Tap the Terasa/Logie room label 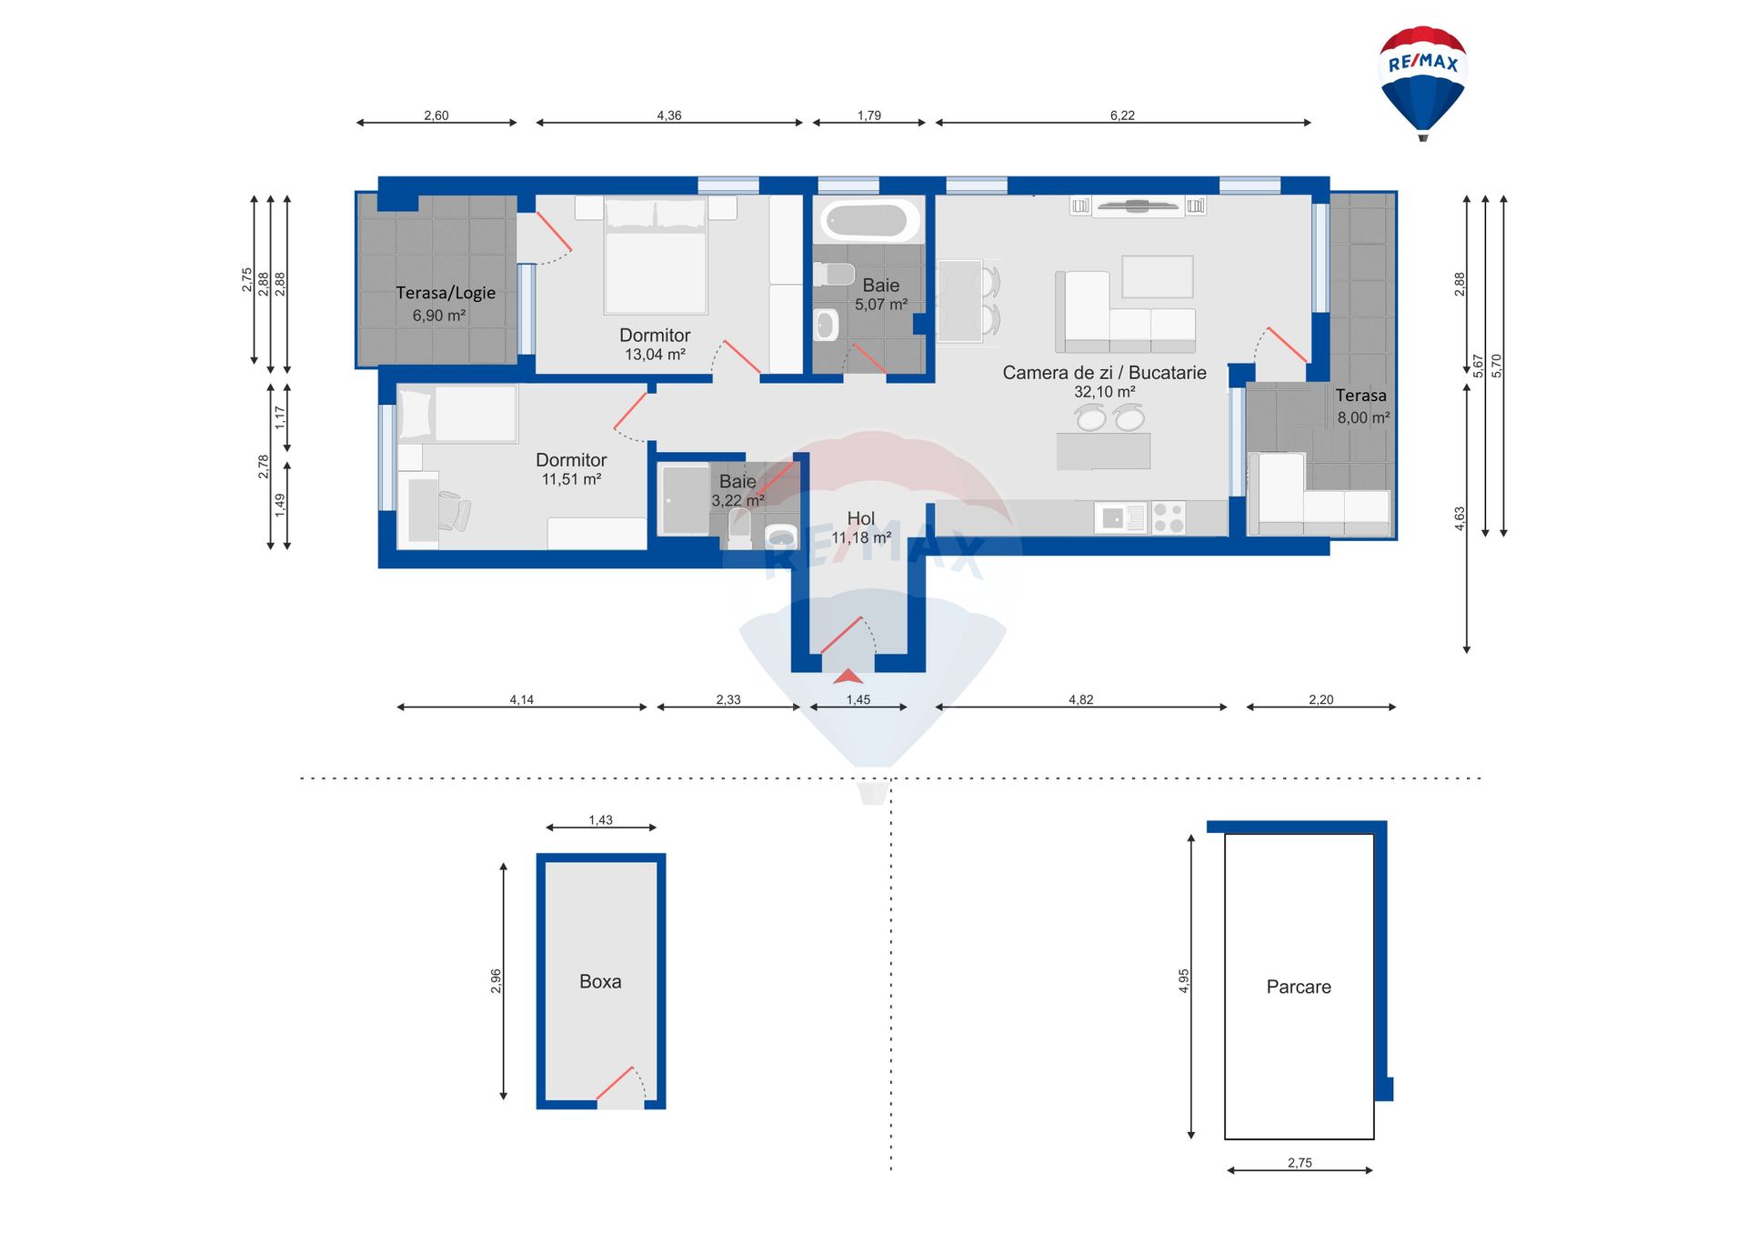[x=446, y=293]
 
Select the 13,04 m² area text [x=655, y=355]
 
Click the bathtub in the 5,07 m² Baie [x=868, y=221]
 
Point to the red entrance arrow [x=848, y=676]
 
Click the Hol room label [x=861, y=518]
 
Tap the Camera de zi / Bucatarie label [x=1104, y=373]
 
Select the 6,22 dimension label [x=1122, y=115]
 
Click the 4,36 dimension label [x=669, y=115]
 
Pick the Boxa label [x=600, y=981]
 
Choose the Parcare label [x=1299, y=987]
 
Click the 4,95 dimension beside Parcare [x=1184, y=980]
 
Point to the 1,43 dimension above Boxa [x=600, y=820]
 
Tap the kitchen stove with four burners [x=1169, y=518]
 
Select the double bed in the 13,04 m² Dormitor [x=656, y=256]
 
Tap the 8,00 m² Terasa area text [x=1363, y=417]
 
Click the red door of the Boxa [x=615, y=1082]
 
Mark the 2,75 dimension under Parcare [x=1299, y=1162]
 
